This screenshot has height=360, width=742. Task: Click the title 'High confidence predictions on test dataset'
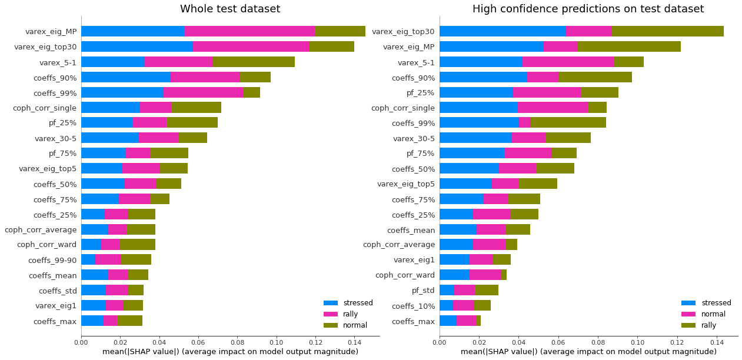tap(588, 9)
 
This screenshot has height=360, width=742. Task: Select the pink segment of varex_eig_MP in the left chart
tap(249, 31)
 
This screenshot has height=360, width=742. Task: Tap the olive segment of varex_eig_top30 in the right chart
tap(667, 31)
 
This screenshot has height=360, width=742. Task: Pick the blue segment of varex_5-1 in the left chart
tap(112, 62)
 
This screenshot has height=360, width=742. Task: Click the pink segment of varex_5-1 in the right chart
tap(568, 62)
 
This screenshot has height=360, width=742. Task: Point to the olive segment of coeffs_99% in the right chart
tap(568, 122)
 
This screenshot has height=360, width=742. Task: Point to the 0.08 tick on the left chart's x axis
tap(237, 341)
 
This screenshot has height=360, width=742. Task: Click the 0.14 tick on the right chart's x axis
tap(717, 341)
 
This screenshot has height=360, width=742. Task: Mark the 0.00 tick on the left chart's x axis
tap(81, 341)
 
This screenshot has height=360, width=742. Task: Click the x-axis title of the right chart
tap(588, 352)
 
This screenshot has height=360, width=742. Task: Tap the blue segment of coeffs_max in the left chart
tap(92, 321)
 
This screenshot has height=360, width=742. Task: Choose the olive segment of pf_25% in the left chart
tap(192, 122)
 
